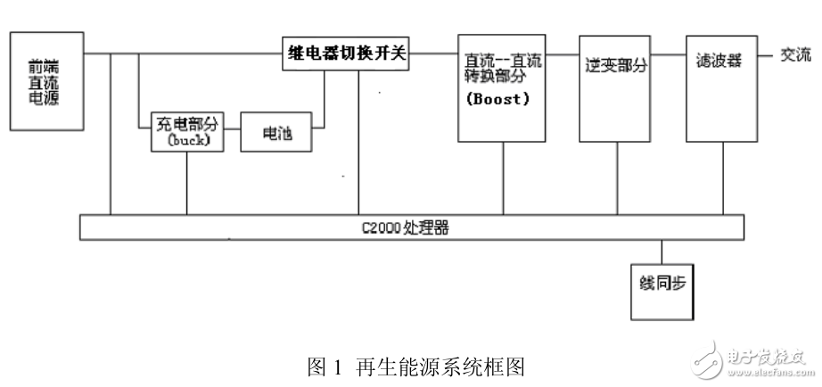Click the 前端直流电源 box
click(45, 82)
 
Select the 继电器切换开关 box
click(346, 54)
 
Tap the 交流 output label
click(796, 54)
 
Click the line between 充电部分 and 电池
click(232, 132)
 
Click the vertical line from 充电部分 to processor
click(186, 182)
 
